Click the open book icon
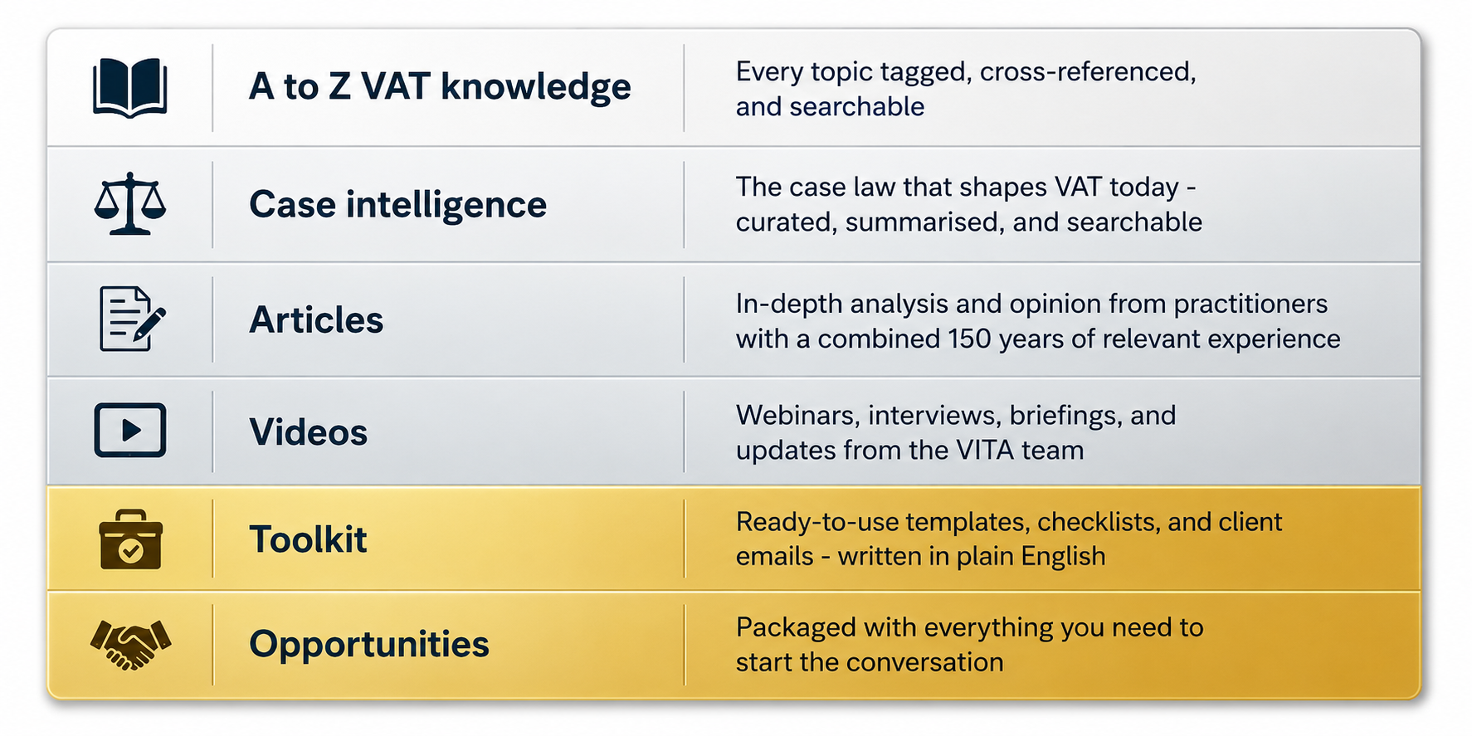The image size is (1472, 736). click(x=130, y=87)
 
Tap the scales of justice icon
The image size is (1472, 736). click(x=130, y=203)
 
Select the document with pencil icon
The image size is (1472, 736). click(x=132, y=319)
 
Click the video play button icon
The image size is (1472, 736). click(x=130, y=430)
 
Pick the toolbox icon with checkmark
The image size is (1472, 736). click(x=130, y=539)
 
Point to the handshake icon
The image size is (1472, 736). click(x=130, y=644)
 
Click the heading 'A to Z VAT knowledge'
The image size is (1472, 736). click(x=440, y=87)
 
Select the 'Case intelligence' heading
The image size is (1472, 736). click(x=397, y=204)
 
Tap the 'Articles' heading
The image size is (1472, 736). click(x=316, y=319)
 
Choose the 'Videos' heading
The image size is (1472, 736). click(x=308, y=432)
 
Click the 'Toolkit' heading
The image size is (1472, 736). click(x=308, y=539)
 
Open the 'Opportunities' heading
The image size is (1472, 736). click(x=369, y=644)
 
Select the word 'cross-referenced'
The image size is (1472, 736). click(x=1088, y=72)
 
